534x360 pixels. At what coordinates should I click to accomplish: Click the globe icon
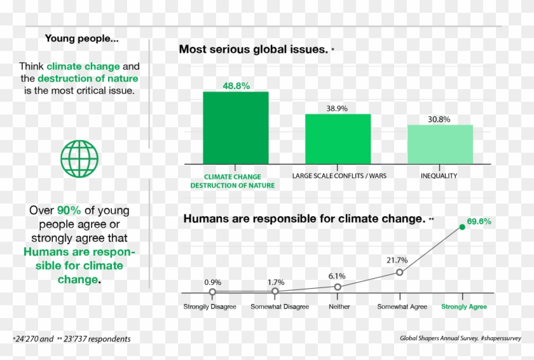tap(79, 159)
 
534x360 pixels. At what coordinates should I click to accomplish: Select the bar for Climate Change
tap(235, 127)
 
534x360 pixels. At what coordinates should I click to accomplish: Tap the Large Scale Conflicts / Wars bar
tap(338, 138)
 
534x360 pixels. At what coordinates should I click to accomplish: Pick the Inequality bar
tap(440, 144)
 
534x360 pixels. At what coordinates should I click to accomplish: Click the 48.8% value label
tap(235, 85)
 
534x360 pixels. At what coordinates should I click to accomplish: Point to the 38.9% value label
tap(337, 108)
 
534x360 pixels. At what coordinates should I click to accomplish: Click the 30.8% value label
tap(439, 119)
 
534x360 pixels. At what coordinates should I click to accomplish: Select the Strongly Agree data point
tap(462, 227)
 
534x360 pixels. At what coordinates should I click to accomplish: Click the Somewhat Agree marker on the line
tap(399, 272)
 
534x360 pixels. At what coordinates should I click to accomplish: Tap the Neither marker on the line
tap(338, 287)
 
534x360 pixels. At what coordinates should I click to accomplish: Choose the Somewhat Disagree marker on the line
tap(275, 291)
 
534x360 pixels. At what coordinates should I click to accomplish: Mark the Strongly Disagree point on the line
tap(212, 292)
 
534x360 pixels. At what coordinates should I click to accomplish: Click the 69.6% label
tap(479, 221)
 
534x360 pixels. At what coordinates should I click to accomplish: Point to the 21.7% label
tap(397, 260)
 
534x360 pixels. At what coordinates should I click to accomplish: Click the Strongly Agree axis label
tap(464, 307)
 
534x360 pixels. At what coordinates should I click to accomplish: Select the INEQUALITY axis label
tap(439, 176)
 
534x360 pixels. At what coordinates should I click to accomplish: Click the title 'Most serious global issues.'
tap(253, 49)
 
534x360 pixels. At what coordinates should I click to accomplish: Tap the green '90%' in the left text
tap(69, 210)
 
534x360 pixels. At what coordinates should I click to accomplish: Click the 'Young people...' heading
tap(81, 38)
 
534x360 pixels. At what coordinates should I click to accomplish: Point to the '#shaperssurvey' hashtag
tap(502, 338)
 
